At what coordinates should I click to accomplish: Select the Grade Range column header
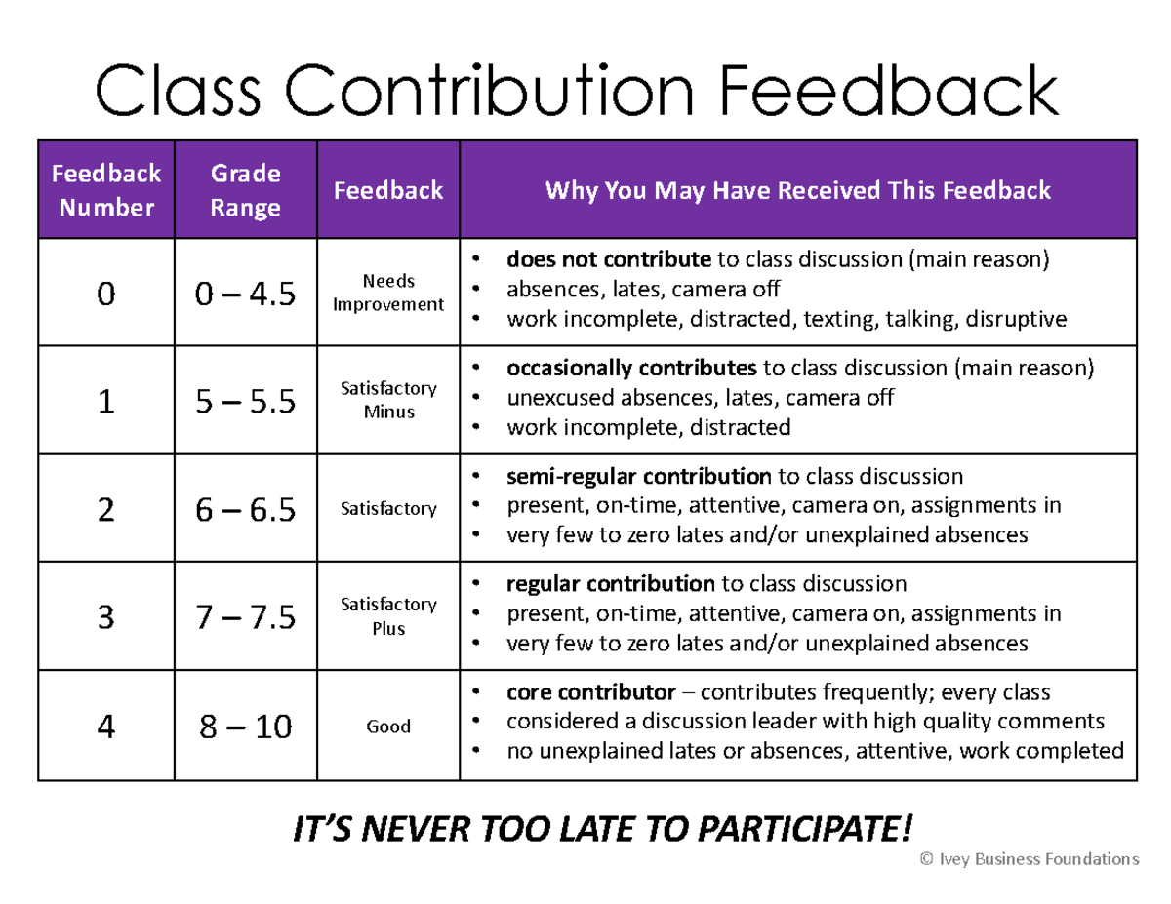tap(246, 190)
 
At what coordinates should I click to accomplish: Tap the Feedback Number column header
tap(105, 190)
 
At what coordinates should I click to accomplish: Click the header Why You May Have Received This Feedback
tap(797, 190)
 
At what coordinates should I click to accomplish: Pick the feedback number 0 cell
tap(105, 294)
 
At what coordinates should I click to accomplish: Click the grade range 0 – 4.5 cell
tap(246, 294)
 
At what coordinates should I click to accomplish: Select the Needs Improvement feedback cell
tap(388, 293)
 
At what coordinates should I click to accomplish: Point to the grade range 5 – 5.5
tap(246, 401)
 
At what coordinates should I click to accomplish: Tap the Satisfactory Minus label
tap(388, 400)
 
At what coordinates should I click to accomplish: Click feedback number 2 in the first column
tap(105, 509)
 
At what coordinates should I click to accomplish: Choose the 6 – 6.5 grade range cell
tap(246, 509)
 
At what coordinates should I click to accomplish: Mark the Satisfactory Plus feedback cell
tap(388, 616)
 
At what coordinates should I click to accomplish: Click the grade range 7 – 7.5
tap(246, 617)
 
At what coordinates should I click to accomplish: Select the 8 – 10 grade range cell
tap(246, 727)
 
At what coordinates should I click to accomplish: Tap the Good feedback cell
tap(388, 727)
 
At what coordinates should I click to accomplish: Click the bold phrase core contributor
tap(590, 693)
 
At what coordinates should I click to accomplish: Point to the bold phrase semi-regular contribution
tap(638, 477)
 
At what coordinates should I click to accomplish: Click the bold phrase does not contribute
tap(608, 260)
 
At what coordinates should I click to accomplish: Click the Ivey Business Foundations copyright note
tap(1030, 859)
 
